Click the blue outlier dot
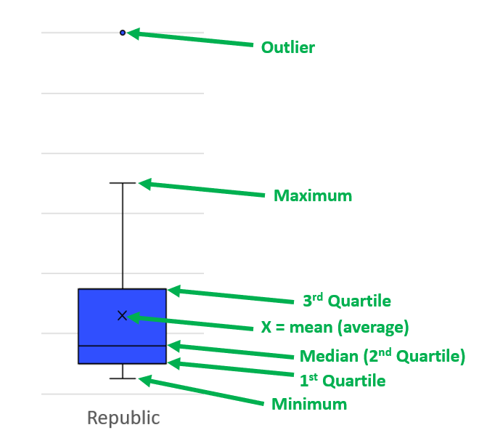coord(123,33)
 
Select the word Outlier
coord(288,47)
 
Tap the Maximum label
coord(313,196)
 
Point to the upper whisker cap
coord(123,183)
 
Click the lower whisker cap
coord(123,378)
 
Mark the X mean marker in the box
coord(123,315)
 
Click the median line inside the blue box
coord(123,346)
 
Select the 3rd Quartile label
coord(347,301)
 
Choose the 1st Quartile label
coord(343,381)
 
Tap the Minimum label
coord(309,404)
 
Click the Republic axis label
coord(123,418)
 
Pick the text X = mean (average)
coord(335,328)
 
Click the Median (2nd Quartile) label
coord(382,356)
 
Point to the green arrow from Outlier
coord(189,38)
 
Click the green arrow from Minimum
coord(201,390)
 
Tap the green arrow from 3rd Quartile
coord(231,295)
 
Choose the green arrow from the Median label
coord(231,350)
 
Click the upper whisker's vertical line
coord(123,236)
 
